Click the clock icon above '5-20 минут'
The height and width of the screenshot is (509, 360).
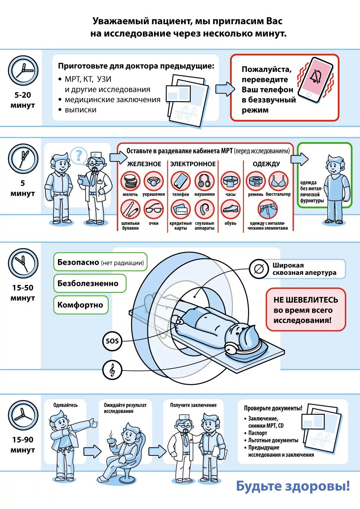click(23, 71)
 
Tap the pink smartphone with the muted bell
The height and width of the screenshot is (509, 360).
click(316, 80)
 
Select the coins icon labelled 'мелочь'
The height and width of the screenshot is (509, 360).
click(130, 181)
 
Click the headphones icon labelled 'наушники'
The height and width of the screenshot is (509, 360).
click(204, 181)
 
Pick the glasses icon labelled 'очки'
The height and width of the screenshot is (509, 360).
click(154, 209)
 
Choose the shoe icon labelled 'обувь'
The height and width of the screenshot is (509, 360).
click(230, 209)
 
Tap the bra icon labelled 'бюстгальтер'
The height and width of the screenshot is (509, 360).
click(278, 181)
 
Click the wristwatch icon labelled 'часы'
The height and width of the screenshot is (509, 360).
click(230, 181)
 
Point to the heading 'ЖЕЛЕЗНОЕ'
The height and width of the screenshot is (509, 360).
click(144, 164)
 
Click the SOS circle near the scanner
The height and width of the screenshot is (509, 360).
click(112, 341)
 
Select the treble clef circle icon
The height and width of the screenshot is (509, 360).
click(112, 369)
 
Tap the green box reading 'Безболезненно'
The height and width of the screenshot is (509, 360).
click(90, 283)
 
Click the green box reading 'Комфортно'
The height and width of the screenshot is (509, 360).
click(81, 305)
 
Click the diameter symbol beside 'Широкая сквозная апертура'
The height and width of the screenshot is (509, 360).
click(258, 269)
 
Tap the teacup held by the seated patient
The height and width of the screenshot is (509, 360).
click(111, 440)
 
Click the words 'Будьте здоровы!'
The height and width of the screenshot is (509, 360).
click(293, 486)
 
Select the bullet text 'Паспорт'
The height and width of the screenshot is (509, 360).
click(258, 433)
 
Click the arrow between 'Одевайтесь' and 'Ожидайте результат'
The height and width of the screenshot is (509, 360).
click(92, 451)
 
